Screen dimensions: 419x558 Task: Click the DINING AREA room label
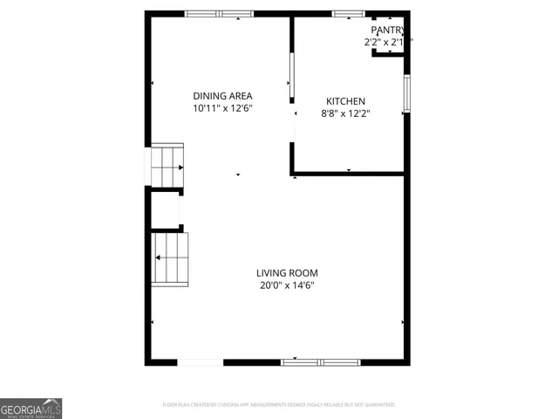pyautogui.click(x=222, y=96)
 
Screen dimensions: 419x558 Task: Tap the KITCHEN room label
pyautogui.click(x=345, y=101)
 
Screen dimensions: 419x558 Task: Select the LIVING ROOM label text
pyautogui.click(x=286, y=272)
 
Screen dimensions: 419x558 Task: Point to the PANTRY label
pyautogui.click(x=388, y=30)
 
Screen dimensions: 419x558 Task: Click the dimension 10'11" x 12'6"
pyautogui.click(x=222, y=108)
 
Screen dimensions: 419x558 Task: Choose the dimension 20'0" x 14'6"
pyautogui.click(x=286, y=285)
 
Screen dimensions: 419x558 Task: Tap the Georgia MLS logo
pyautogui.click(x=31, y=409)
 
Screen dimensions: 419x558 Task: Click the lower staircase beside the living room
pyautogui.click(x=171, y=258)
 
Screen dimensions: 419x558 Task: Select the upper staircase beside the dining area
pyautogui.click(x=167, y=165)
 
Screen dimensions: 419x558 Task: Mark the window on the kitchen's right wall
pyautogui.click(x=406, y=93)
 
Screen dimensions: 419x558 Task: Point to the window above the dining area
pyautogui.click(x=219, y=14)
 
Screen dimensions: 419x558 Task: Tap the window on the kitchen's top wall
pyautogui.click(x=349, y=14)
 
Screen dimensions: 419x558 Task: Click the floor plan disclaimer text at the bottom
pyautogui.click(x=279, y=404)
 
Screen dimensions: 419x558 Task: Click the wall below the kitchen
pyautogui.click(x=349, y=174)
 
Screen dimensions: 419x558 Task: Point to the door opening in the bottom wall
pyautogui.click(x=200, y=361)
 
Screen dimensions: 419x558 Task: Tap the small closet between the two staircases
pyautogui.click(x=165, y=209)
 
